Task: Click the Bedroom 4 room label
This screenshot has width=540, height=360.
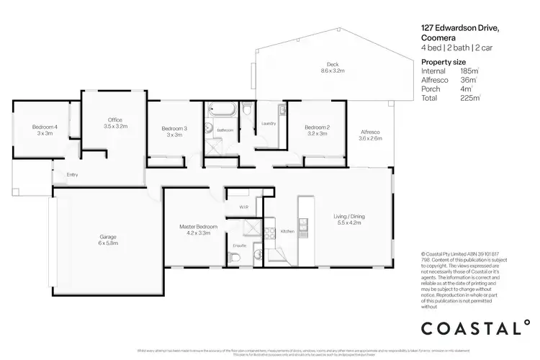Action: [45, 130]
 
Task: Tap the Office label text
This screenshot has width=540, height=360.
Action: [115, 122]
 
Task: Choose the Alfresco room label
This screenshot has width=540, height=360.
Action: [370, 134]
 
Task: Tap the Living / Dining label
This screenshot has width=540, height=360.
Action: [348, 220]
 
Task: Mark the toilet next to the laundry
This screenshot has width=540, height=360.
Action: [247, 114]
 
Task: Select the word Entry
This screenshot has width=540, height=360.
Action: [72, 174]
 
